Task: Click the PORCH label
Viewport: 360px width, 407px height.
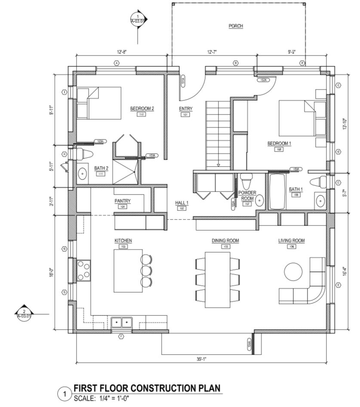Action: (236, 26)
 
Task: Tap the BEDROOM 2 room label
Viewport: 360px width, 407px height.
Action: (142, 109)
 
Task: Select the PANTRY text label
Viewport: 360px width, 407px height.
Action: (123, 201)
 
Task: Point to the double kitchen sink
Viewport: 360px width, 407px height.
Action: (122, 322)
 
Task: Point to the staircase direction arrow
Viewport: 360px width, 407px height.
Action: (218, 163)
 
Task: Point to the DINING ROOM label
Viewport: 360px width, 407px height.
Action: (225, 240)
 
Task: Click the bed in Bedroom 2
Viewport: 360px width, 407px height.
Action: (98, 103)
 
